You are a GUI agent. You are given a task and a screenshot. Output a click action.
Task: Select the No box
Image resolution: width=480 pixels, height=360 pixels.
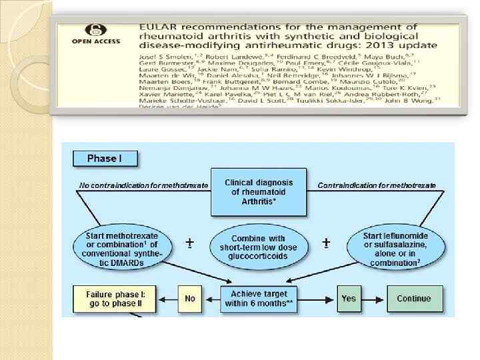point(190,299)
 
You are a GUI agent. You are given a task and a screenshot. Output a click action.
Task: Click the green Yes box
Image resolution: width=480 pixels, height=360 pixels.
point(349,299)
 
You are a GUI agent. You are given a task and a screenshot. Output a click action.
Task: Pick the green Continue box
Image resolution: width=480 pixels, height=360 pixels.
point(413,299)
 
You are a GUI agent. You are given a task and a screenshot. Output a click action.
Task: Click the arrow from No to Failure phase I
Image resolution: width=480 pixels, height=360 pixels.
point(166,299)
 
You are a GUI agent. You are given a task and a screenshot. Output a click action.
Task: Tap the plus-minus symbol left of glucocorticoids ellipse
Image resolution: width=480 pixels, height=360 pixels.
point(190,243)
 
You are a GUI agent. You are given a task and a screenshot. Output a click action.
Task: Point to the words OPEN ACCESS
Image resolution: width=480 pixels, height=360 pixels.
point(96,41)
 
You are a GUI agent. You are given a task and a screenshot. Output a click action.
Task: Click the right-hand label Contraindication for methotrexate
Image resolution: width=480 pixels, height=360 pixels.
point(377,185)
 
